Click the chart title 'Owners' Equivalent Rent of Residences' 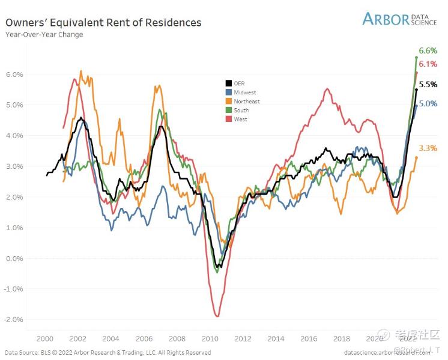[103, 22]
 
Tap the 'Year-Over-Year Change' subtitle [44, 35]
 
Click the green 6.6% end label [427, 50]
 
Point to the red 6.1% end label [427, 64]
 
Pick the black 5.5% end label [427, 84]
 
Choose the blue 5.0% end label [427, 103]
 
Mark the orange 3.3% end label [427, 148]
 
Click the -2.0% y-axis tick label [14, 320]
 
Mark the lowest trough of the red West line [217, 316]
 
